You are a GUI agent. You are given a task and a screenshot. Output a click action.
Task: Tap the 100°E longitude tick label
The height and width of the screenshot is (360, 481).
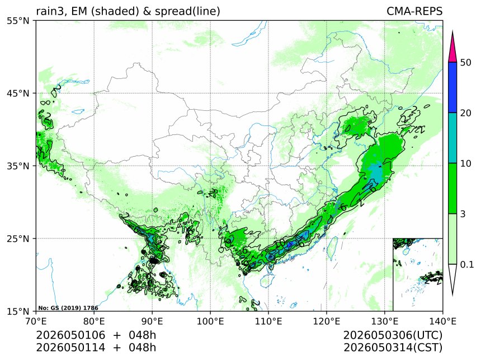[210, 321]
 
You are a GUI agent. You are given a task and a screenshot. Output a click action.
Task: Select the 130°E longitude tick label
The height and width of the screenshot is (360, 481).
[385, 321]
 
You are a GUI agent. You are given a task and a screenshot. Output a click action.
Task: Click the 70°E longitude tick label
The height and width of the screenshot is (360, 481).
[36, 321]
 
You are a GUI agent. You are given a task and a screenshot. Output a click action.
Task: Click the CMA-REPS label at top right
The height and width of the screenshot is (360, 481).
[414, 11]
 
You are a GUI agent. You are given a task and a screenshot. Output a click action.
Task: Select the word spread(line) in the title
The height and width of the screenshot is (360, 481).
[187, 12]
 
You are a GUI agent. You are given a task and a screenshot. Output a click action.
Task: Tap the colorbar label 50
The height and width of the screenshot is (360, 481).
[466, 62]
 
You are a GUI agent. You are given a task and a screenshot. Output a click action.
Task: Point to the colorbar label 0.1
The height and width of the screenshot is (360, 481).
[467, 264]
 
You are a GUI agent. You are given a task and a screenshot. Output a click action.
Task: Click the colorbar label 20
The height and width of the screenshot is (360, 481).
[466, 113]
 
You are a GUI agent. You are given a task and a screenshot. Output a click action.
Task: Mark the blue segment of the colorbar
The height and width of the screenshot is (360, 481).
[452, 87]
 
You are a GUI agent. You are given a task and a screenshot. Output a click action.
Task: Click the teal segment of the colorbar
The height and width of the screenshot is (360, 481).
[452, 138]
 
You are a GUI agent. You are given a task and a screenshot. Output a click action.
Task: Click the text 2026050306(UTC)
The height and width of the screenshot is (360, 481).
[393, 335]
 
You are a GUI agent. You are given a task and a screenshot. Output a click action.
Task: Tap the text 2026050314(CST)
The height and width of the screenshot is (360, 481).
[393, 348]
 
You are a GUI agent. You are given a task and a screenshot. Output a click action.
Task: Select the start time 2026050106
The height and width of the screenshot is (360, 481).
[70, 335]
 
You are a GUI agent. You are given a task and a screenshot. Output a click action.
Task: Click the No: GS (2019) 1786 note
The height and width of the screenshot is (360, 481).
[68, 308]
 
